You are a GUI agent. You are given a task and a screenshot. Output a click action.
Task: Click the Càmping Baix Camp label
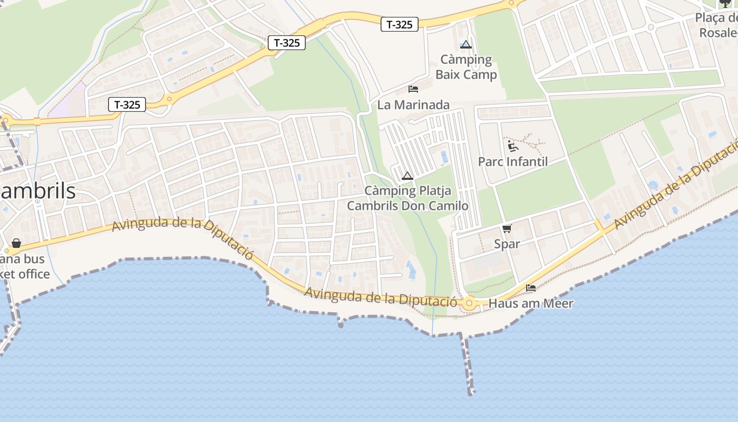coord(466,67)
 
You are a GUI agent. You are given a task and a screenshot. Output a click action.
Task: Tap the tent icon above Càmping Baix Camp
coord(465,44)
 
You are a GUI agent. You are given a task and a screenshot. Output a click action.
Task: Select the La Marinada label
coord(413,105)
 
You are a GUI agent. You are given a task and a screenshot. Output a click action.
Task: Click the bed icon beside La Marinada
coord(413,89)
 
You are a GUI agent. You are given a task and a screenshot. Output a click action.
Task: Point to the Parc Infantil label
coord(513,161)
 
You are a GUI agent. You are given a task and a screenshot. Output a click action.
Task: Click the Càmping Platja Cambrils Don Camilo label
coord(407,198)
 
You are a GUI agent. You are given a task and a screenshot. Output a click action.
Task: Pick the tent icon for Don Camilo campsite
coord(407,176)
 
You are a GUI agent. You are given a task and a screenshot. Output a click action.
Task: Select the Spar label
coord(507,244)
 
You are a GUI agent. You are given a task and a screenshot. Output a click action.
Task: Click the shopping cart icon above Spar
coord(507,228)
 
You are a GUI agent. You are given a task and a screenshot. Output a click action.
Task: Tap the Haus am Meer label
coord(530,303)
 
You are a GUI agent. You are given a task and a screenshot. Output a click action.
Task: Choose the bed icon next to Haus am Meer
coord(531,288)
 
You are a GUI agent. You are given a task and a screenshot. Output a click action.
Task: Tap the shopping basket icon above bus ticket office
coord(16,243)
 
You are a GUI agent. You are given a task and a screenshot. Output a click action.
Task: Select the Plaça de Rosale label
coord(717,25)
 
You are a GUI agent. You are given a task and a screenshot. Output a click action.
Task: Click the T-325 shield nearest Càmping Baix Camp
coord(400,24)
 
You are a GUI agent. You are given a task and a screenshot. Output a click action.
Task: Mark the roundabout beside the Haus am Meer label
coord(469,303)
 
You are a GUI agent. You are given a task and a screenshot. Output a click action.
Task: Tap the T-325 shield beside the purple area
coord(127,104)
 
